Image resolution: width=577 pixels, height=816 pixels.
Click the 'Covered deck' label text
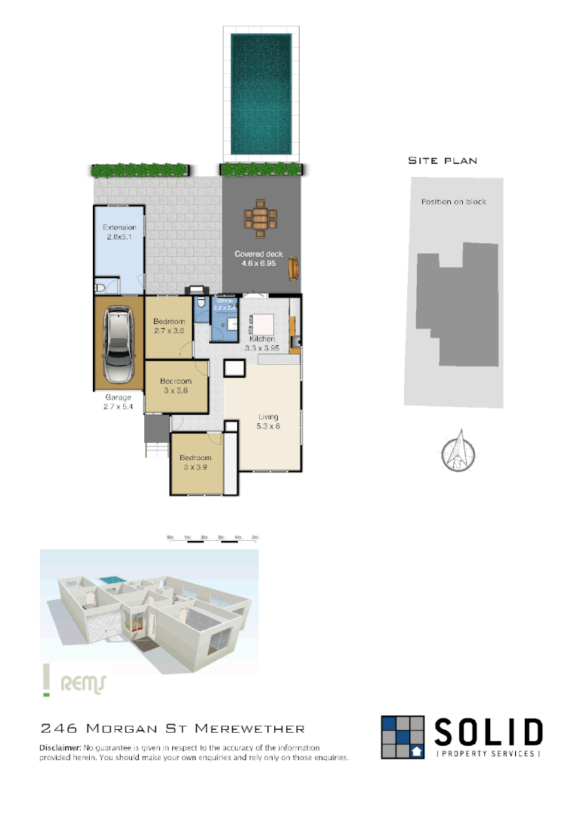click(260, 254)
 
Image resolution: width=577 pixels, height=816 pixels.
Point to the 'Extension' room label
click(119, 227)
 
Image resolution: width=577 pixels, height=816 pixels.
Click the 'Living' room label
click(268, 416)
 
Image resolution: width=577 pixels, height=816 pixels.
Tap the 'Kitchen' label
click(262, 338)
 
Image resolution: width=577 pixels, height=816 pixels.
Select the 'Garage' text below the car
click(118, 397)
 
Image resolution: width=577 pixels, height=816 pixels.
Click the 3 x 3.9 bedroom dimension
click(195, 467)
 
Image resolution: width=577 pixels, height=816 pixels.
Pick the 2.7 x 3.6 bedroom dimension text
click(169, 330)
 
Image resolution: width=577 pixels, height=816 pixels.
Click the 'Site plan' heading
click(443, 160)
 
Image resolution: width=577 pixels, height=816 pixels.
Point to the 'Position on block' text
click(453, 202)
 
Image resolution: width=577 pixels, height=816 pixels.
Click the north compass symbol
click(458, 450)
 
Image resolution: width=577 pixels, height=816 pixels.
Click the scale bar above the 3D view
click(213, 539)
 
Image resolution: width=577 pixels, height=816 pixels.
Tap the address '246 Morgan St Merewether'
click(172, 728)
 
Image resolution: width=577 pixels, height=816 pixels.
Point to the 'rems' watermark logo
click(82, 683)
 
